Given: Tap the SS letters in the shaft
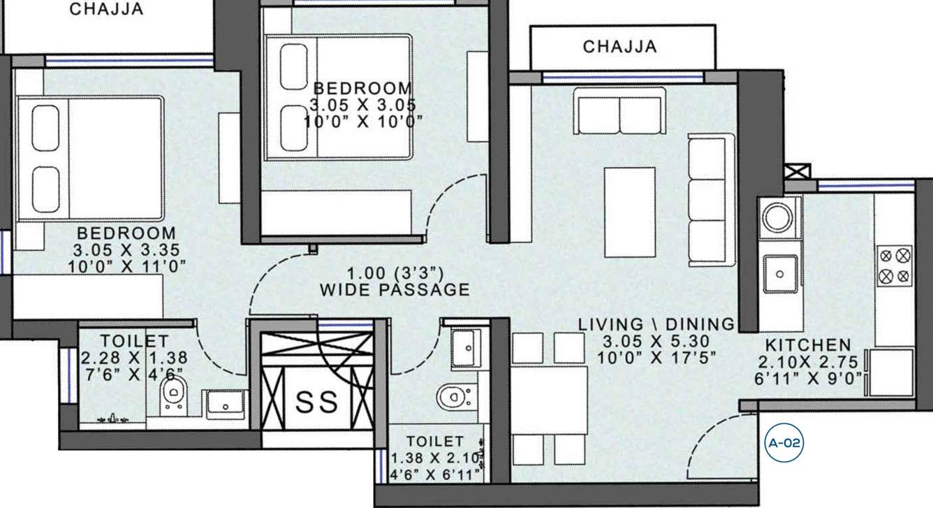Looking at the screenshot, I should tap(318, 402).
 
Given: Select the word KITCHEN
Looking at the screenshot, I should tap(808, 344).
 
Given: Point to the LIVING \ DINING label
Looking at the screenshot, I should tap(656, 324).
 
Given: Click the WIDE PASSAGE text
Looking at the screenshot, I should tap(395, 289).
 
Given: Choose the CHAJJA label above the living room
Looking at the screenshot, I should tap(619, 47).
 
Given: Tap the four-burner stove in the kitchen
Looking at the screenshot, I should tap(894, 265).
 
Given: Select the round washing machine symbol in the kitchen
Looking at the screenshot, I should tap(779, 217).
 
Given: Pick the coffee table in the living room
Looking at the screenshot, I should tap(630, 212).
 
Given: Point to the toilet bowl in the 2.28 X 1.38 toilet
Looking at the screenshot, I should tap(171, 395).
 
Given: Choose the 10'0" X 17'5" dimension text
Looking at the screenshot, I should tap(656, 356).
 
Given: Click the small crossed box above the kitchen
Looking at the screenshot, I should tap(798, 171).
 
